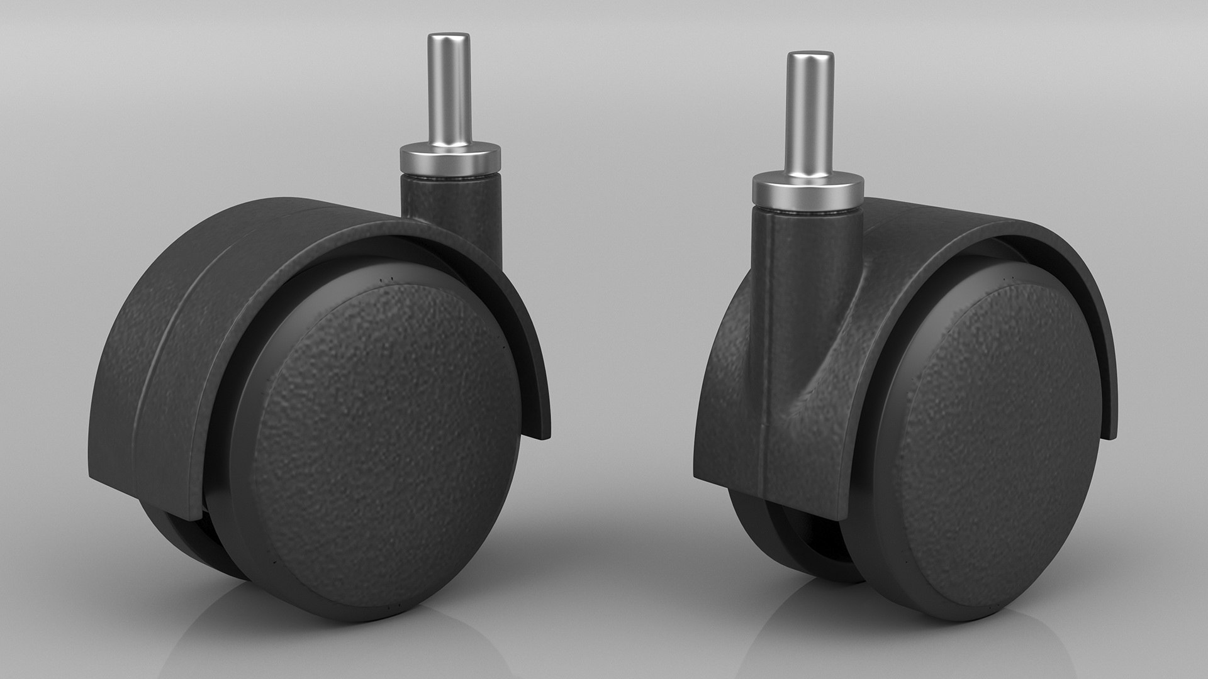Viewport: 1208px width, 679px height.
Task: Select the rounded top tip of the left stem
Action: coord(449,38)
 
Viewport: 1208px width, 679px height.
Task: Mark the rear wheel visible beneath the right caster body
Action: coord(774,541)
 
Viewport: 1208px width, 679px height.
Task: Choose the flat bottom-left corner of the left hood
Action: coord(94,478)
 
